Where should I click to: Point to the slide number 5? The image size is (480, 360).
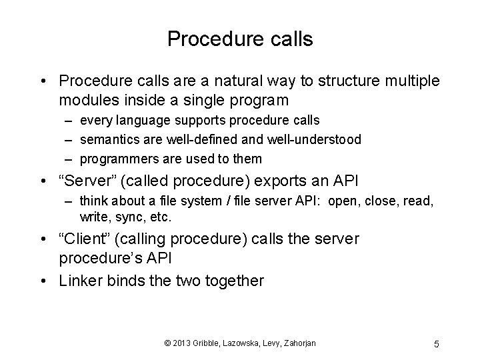point(436,344)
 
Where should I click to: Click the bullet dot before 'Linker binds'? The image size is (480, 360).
point(44,281)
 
